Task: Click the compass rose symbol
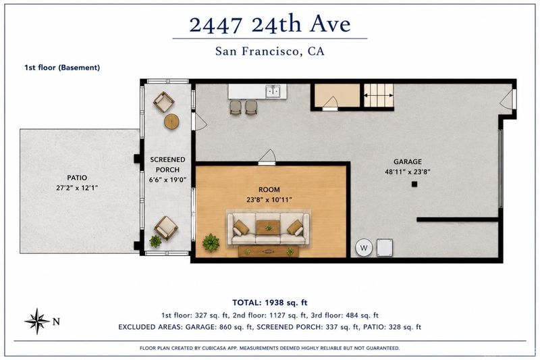tap(37, 321)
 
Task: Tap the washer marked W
tap(364, 248)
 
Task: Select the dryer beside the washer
tap(385, 248)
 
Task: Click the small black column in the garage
tap(414, 184)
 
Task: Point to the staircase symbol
tap(379, 95)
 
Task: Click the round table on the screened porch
tap(171, 122)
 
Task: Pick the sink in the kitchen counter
tap(274, 92)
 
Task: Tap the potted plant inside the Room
tap(211, 242)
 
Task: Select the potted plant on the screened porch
tap(155, 241)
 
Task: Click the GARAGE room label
tap(408, 161)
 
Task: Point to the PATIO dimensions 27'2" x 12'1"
tap(77, 188)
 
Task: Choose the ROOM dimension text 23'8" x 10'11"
tap(269, 200)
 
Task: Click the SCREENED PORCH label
tap(167, 165)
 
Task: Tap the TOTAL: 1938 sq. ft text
tap(269, 303)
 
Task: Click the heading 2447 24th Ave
tap(269, 24)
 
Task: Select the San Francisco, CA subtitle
tap(269, 51)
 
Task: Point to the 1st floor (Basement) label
tap(62, 68)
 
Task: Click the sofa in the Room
tap(268, 229)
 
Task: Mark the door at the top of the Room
tap(267, 158)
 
